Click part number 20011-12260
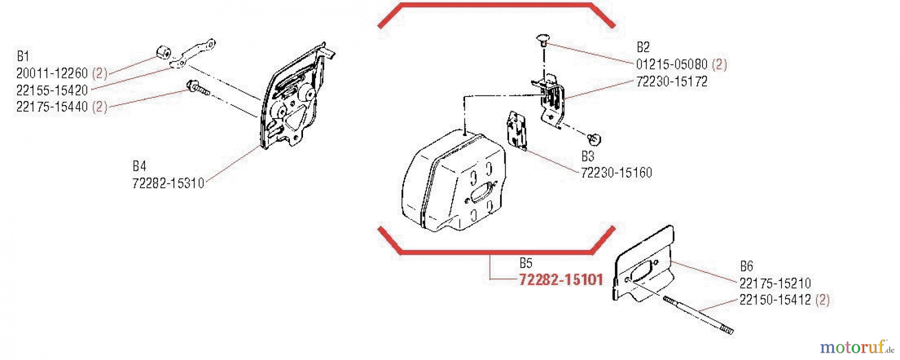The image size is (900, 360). point(52,73)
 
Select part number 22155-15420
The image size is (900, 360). point(52,90)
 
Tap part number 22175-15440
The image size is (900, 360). point(52,106)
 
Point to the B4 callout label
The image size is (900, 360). point(139,166)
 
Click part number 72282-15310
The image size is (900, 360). point(168,183)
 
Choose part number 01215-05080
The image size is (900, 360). point(672,64)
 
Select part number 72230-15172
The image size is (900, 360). point(672,81)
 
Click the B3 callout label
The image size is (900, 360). point(588,156)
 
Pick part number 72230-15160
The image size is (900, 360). point(616,173)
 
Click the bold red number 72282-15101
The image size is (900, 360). point(561,279)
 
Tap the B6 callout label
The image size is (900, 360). point(746,266)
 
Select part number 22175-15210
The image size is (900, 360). point(775,283)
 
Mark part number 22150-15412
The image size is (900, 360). point(775,300)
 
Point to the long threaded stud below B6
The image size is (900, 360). point(698,314)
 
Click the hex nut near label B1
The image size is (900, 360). point(163,52)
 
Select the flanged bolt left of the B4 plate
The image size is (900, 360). point(197,88)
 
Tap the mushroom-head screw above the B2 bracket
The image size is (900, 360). point(543,40)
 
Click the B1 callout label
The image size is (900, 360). point(23,56)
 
